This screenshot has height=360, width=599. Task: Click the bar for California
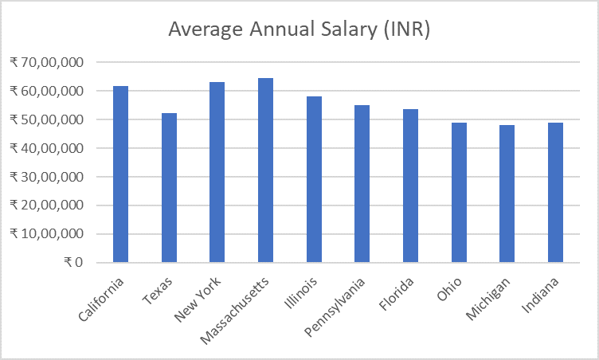[121, 174]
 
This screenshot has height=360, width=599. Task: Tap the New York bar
[217, 172]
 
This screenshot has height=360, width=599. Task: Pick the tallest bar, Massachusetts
[265, 170]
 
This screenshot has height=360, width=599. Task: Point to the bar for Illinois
[314, 179]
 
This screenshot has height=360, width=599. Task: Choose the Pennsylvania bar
[362, 184]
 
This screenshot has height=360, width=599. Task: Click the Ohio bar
[459, 193]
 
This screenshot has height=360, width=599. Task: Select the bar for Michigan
[507, 194]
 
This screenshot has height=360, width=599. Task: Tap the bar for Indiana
[555, 193]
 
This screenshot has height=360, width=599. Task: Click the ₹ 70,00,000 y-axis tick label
[50, 62]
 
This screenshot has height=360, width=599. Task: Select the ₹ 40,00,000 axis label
[50, 148]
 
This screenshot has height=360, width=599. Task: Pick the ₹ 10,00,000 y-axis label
[50, 234]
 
